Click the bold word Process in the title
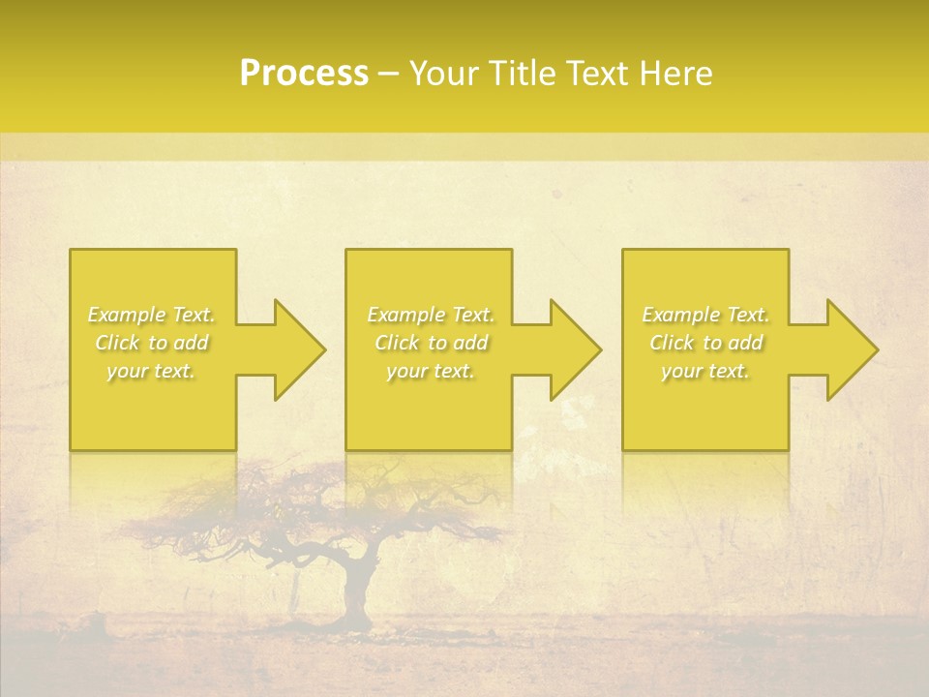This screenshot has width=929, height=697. [304, 74]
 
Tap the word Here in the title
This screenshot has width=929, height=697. [676, 74]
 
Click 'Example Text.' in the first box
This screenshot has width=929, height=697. [152, 315]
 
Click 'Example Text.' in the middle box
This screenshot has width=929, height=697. [431, 315]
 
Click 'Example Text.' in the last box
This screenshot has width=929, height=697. [705, 315]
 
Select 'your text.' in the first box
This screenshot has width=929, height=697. [152, 371]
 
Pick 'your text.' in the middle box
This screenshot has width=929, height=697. [431, 371]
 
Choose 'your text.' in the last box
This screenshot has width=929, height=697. [705, 371]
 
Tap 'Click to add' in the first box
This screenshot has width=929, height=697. [152, 343]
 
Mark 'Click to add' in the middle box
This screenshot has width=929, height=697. [431, 343]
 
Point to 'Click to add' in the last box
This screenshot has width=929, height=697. [705, 343]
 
